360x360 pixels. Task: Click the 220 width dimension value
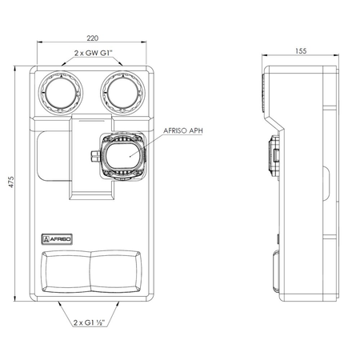pyautogui.click(x=92, y=38)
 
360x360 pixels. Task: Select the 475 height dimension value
pyautogui.click(x=11, y=182)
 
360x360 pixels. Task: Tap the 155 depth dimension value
pyautogui.click(x=301, y=50)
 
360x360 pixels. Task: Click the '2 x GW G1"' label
pyautogui.click(x=94, y=53)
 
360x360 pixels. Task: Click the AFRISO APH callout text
pyautogui.click(x=183, y=130)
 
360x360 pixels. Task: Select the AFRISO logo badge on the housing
pyautogui.click(x=57, y=239)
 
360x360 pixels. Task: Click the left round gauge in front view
pyautogui.click(x=61, y=93)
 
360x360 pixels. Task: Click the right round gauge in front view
pyautogui.click(x=123, y=93)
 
